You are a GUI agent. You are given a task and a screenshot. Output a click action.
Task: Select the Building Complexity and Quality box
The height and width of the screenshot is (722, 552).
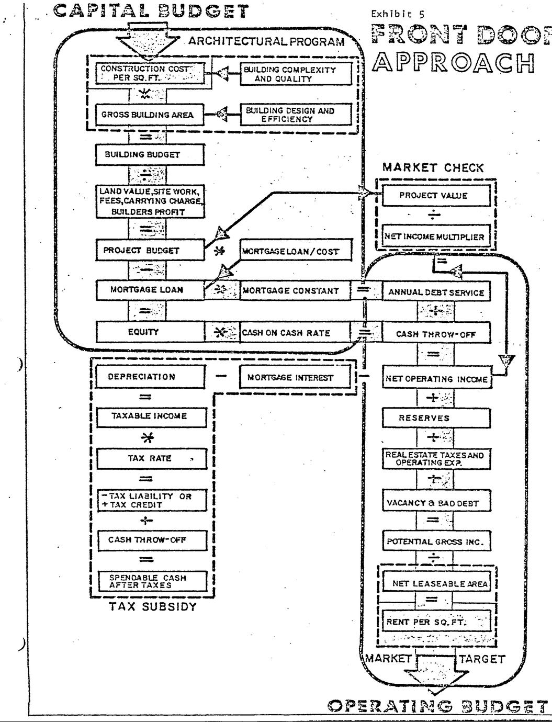click(296, 74)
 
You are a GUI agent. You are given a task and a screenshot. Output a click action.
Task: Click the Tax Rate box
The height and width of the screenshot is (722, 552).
click(151, 458)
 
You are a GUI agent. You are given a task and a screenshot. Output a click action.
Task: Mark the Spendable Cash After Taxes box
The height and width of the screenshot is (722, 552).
click(151, 581)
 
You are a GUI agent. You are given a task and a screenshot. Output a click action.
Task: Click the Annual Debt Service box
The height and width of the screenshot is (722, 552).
click(436, 292)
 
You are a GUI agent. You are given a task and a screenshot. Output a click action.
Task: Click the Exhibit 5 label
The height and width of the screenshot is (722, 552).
click(391, 14)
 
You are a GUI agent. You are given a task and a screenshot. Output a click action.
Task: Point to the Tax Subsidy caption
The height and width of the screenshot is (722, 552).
click(153, 607)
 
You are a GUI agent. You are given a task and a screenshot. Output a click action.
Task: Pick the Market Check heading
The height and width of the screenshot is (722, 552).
click(433, 167)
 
